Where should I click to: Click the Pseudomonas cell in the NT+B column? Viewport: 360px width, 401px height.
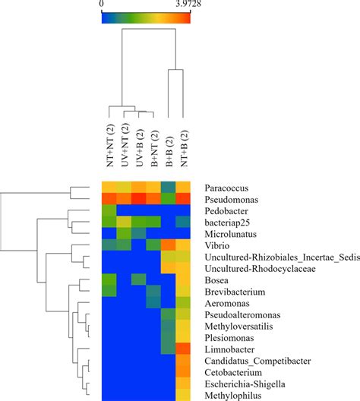tap(183, 200)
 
